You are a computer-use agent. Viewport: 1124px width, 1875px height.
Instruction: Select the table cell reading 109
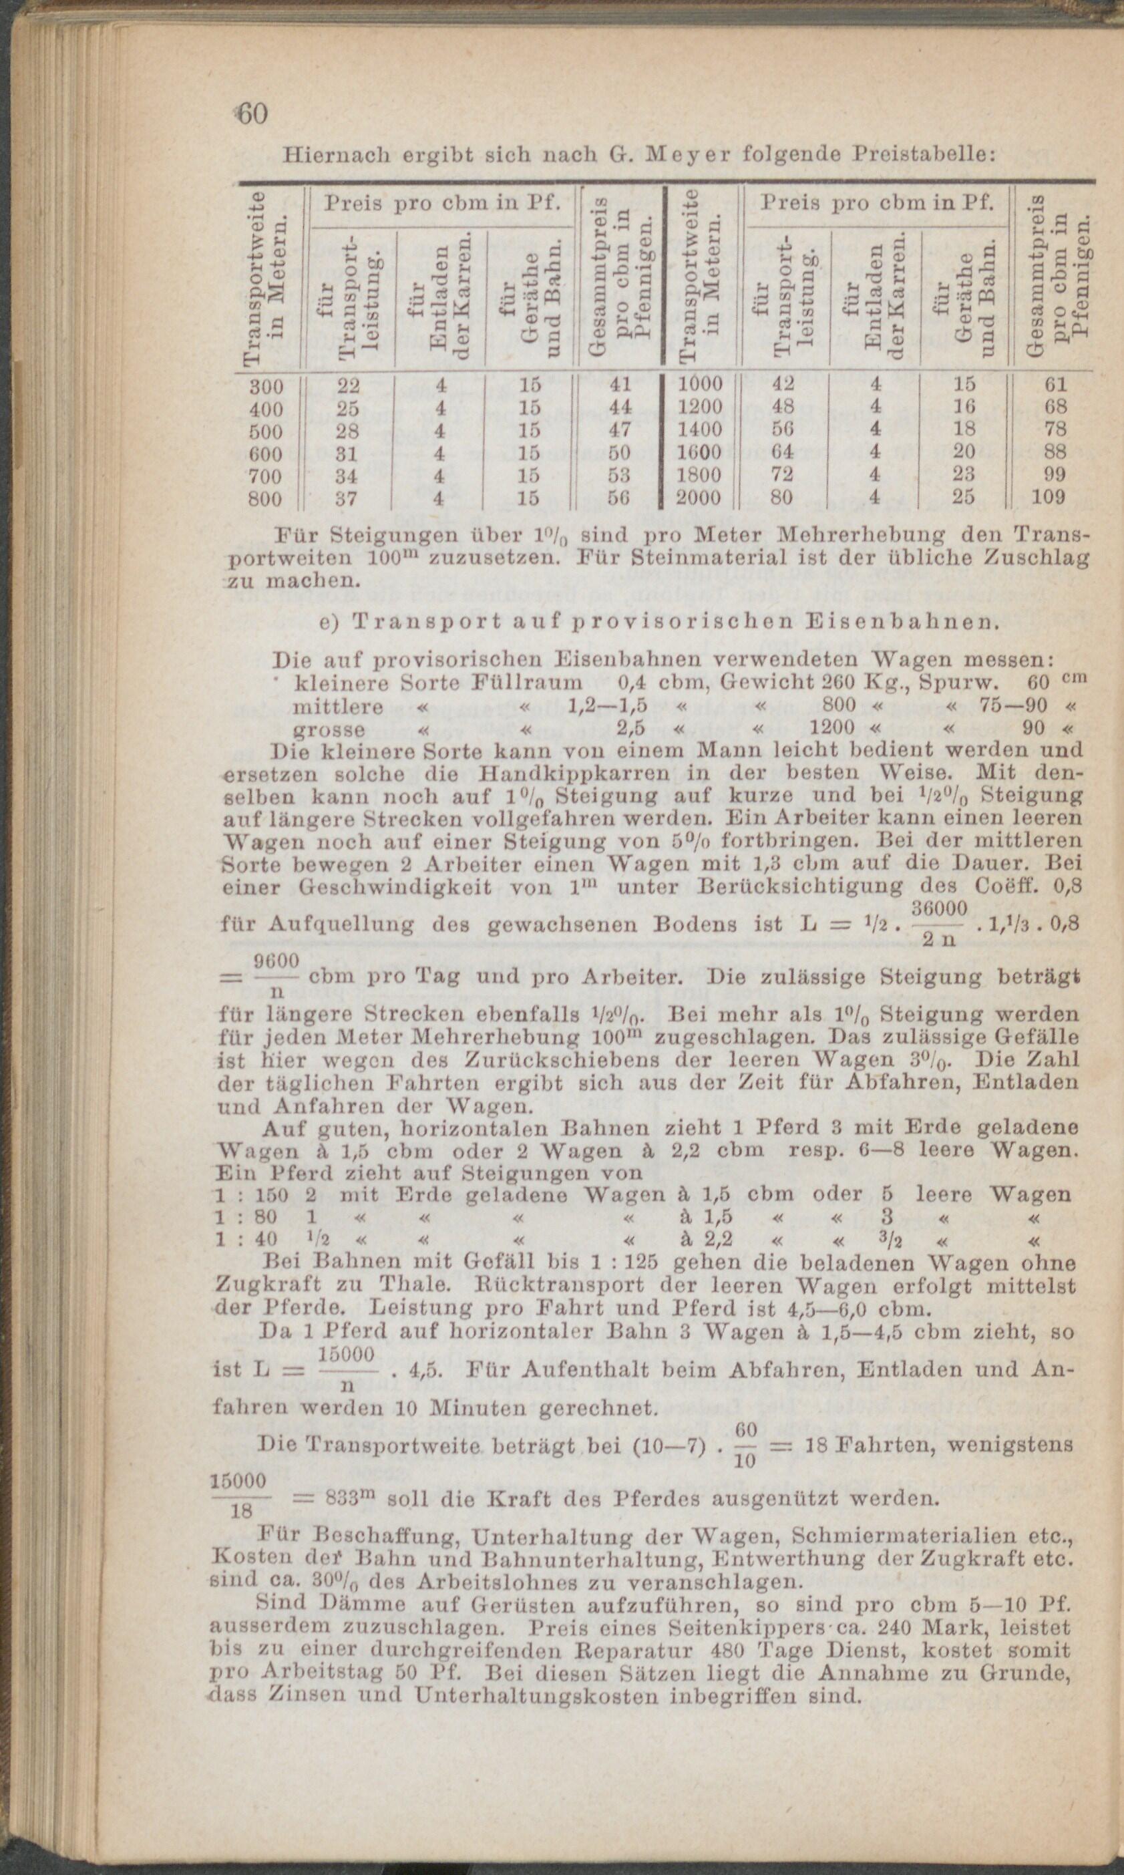pos(1049,498)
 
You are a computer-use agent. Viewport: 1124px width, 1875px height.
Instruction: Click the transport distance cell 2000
pos(699,498)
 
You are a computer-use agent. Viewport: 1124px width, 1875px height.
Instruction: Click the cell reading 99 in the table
pos(1055,475)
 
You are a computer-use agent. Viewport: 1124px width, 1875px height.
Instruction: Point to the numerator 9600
pos(275,962)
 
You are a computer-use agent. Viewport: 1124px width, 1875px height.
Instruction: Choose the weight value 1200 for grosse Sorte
pos(831,729)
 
